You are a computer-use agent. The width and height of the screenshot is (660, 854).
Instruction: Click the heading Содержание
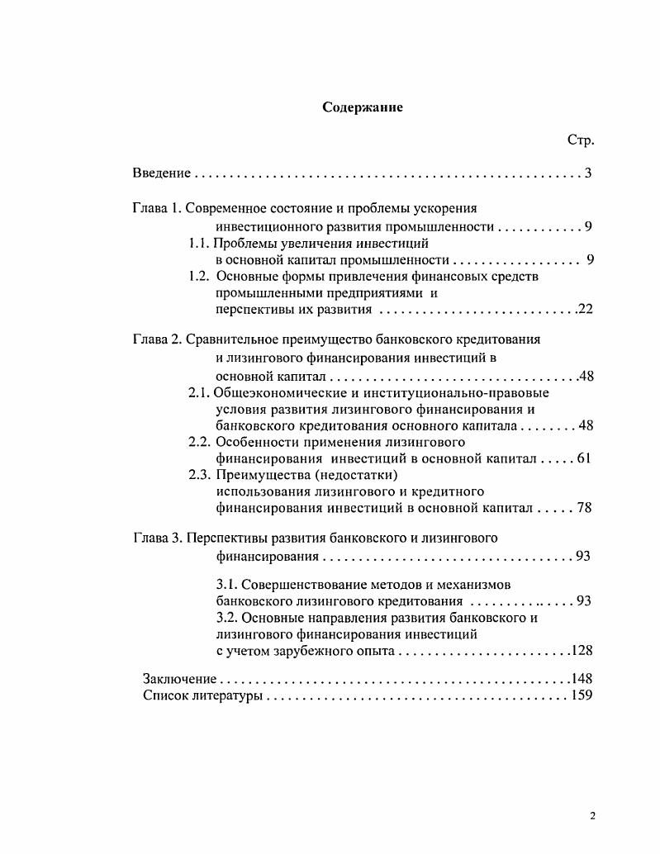pyautogui.click(x=363, y=108)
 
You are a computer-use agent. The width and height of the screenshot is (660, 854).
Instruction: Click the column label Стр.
pyautogui.click(x=581, y=140)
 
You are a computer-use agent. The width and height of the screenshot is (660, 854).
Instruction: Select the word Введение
pyautogui.click(x=162, y=173)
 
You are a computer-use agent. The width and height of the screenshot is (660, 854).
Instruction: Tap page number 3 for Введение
pyautogui.click(x=587, y=173)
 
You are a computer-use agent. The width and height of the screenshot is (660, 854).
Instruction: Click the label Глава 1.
pyautogui.click(x=156, y=208)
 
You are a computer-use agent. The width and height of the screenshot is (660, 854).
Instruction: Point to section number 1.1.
pyautogui.click(x=199, y=243)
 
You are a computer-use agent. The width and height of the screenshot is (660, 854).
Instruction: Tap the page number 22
pyautogui.click(x=585, y=311)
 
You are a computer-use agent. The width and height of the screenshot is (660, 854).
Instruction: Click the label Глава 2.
pyautogui.click(x=156, y=340)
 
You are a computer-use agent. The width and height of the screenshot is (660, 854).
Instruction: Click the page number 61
pyautogui.click(x=583, y=458)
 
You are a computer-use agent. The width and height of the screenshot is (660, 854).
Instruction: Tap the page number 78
pyautogui.click(x=584, y=508)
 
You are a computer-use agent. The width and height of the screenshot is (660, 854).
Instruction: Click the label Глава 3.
pyautogui.click(x=156, y=538)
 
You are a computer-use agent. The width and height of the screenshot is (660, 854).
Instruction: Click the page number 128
pyautogui.click(x=582, y=651)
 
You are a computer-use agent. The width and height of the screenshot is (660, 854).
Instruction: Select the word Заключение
pyautogui.click(x=179, y=679)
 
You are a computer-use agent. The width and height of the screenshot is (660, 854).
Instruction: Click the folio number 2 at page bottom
pyautogui.click(x=592, y=816)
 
